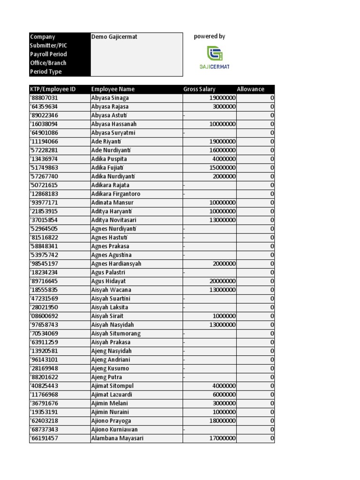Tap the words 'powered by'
pos(210,37)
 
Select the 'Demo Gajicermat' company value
pos(114,37)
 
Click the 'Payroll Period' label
pos(48,54)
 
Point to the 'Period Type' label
pos(46,72)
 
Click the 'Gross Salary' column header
pos(199,89)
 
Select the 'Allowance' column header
pos(250,89)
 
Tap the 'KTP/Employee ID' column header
pos(53,89)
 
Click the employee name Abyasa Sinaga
pos(110,98)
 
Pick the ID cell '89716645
pos(45,281)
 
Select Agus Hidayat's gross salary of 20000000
pos(222,281)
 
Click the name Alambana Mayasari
pos(117,438)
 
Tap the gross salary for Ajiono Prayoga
pos(222,421)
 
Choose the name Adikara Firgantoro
pos(116,194)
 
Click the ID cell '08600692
pos(45,316)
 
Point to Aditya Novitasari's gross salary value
pos(222,220)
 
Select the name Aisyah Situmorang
pos(116,334)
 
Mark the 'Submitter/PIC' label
pos(49,45)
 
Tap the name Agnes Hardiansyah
pos(116,264)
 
